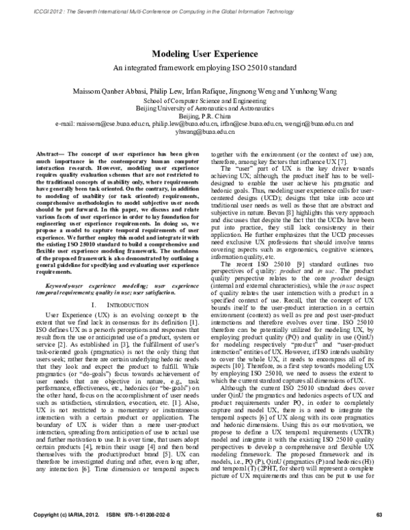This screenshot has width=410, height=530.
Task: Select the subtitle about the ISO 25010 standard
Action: coord(204,68)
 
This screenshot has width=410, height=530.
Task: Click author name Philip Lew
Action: coord(171,89)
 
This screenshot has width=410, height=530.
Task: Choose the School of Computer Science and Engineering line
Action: coord(204,99)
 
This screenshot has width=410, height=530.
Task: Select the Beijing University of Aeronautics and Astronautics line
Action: coord(204,108)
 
